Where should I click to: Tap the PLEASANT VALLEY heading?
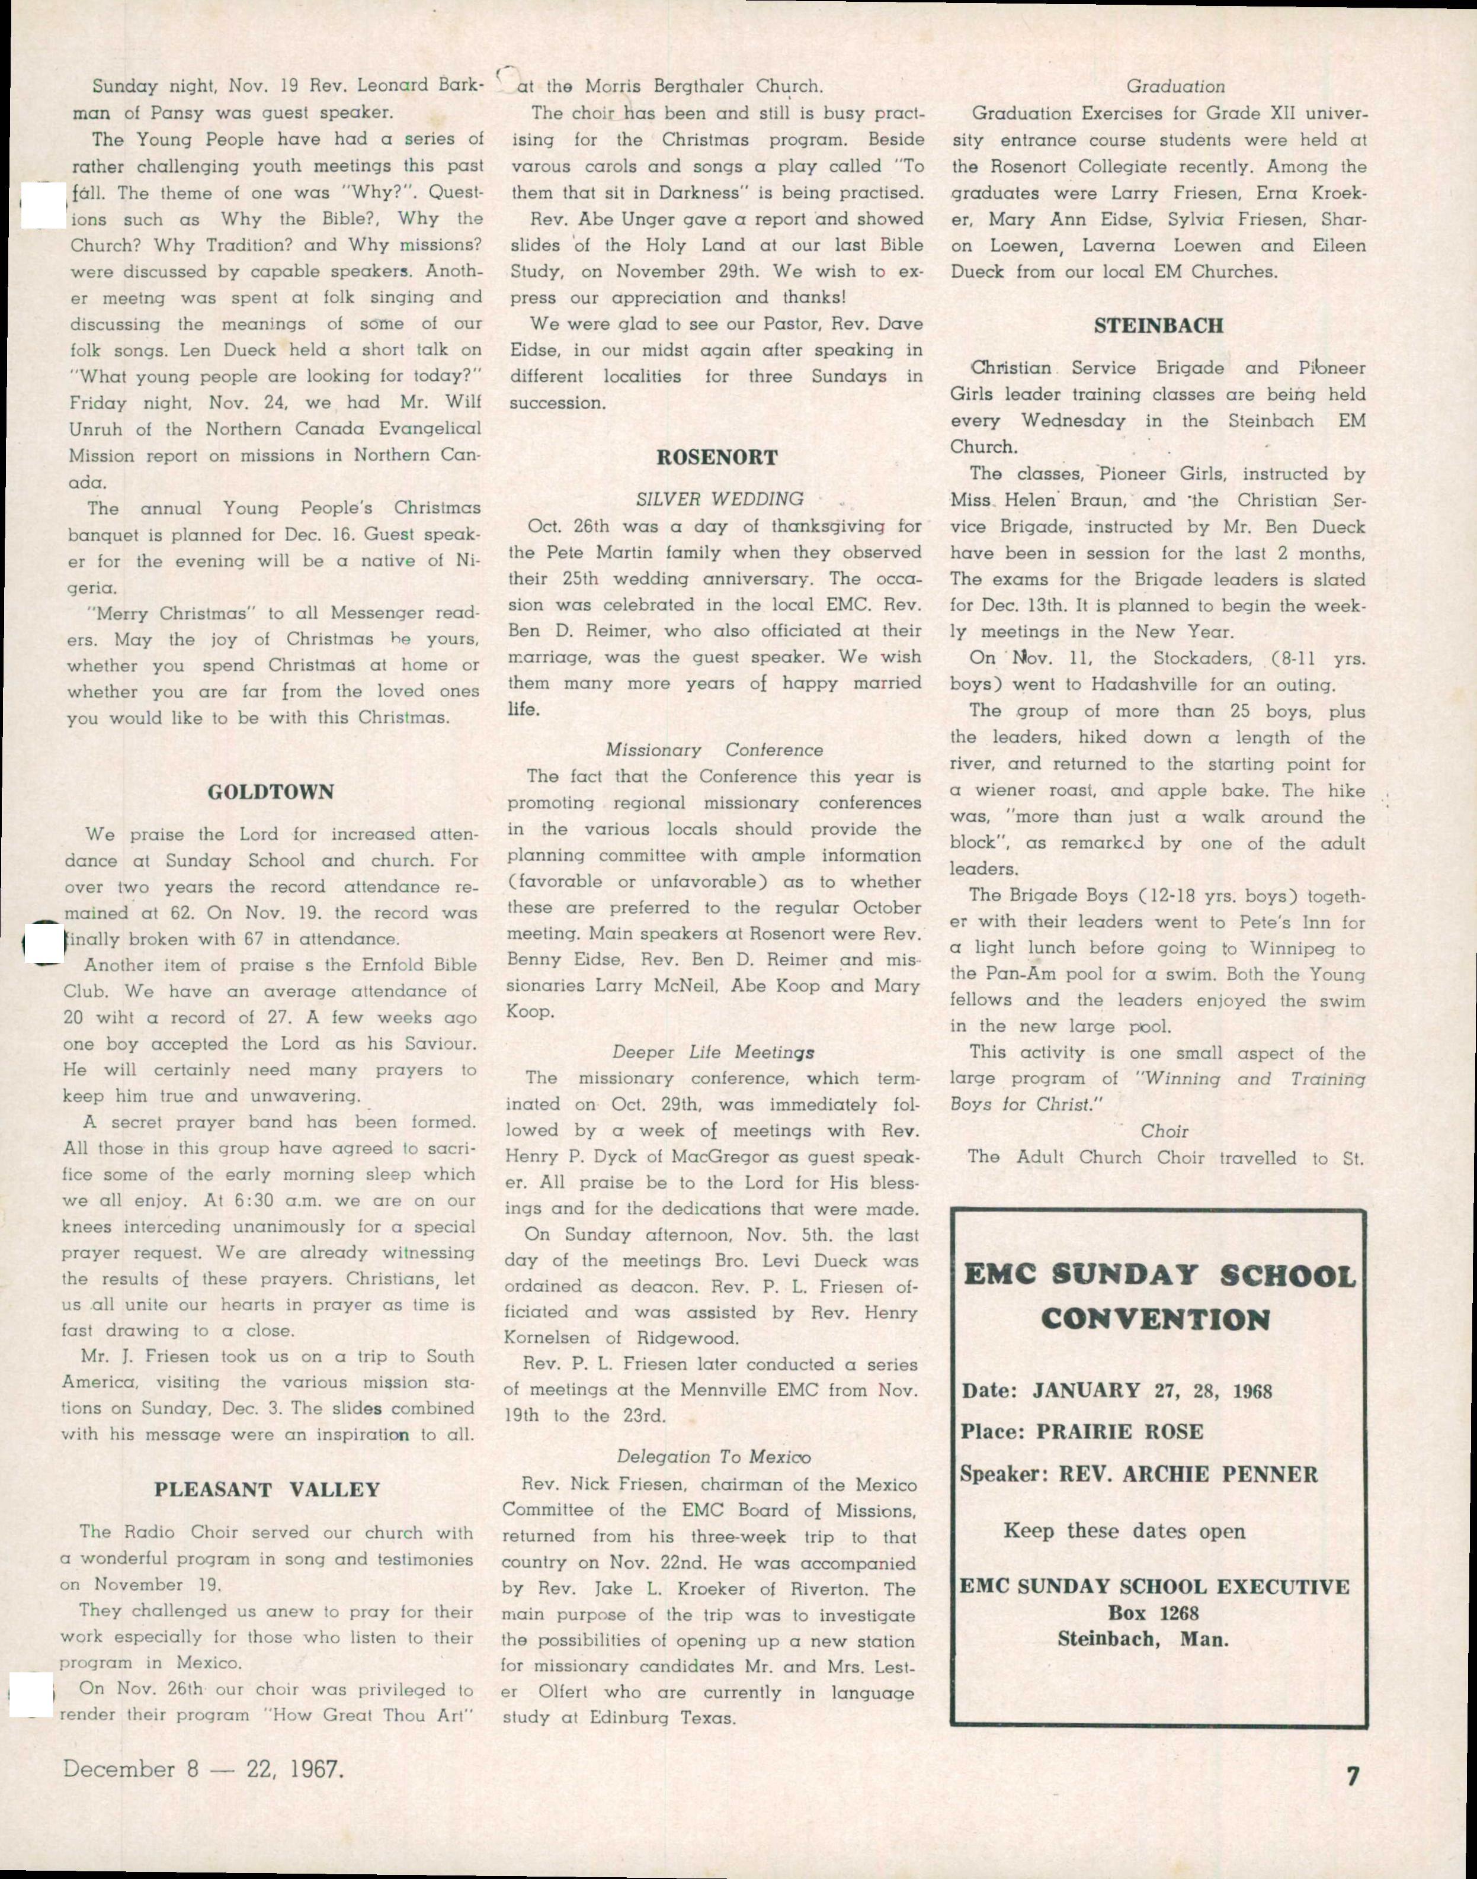pyautogui.click(x=267, y=1489)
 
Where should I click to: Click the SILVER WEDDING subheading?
pyautogui.click(x=719, y=499)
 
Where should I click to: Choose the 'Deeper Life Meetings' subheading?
pyautogui.click(x=713, y=1052)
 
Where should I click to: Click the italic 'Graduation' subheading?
pyautogui.click(x=1175, y=86)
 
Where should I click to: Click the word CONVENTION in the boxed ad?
pyautogui.click(x=1155, y=1320)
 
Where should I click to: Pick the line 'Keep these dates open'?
pyautogui.click(x=1123, y=1531)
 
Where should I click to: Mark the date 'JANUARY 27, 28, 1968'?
pyautogui.click(x=1152, y=1390)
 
